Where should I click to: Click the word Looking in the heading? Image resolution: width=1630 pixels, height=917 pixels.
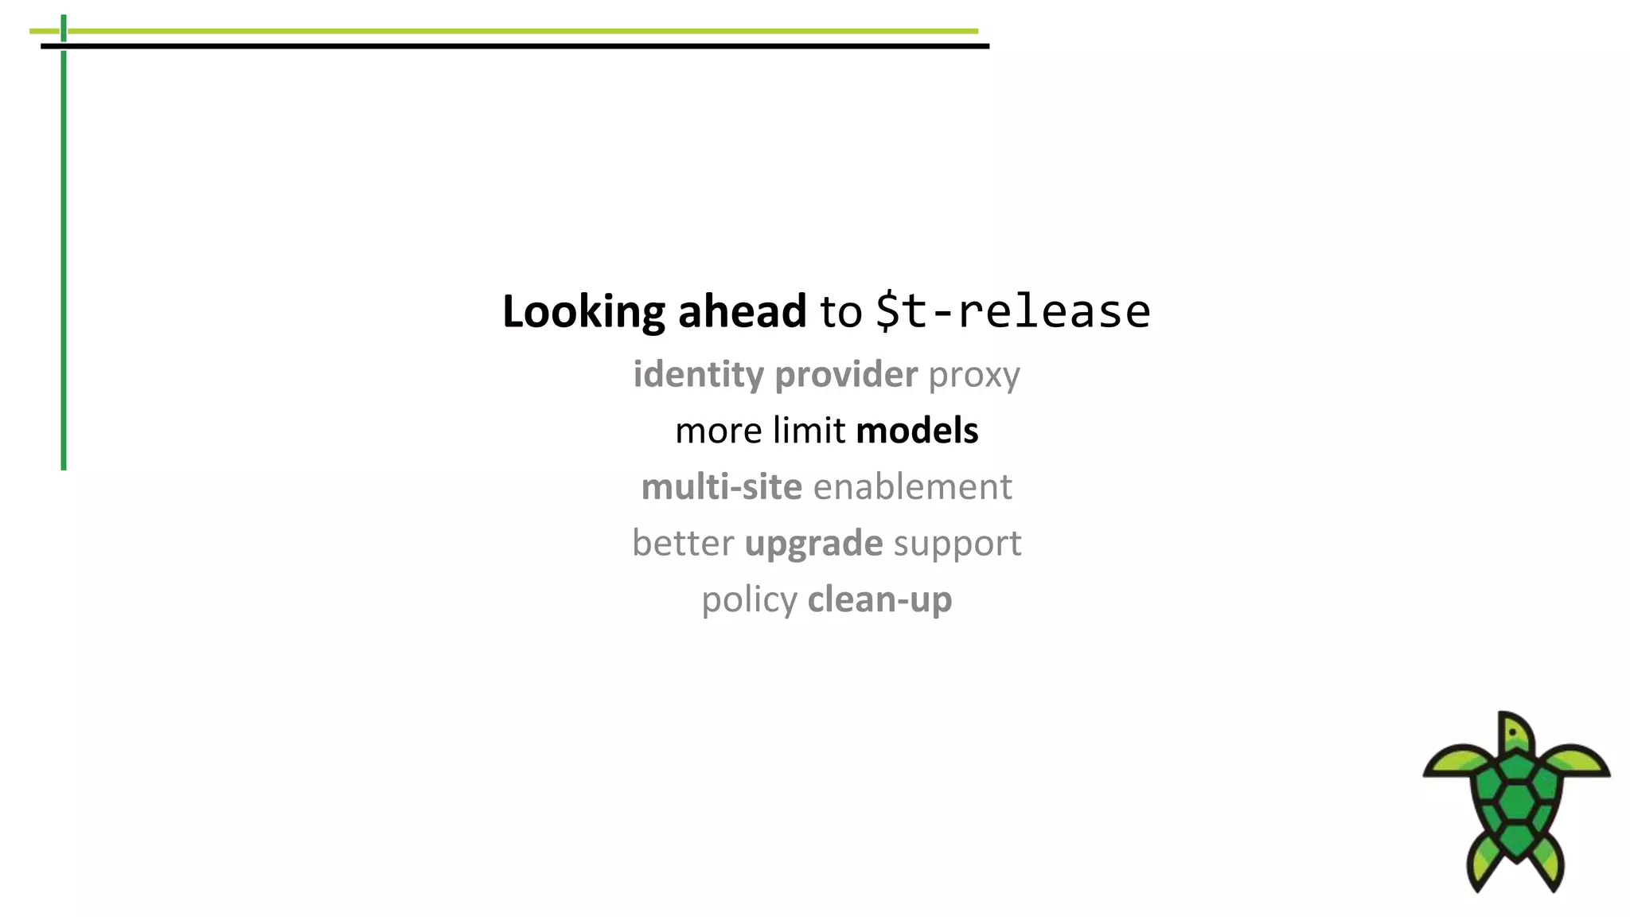pos(583,311)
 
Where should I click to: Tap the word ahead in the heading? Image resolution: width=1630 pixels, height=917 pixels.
pos(741,311)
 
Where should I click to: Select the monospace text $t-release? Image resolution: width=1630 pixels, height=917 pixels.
pos(1012,311)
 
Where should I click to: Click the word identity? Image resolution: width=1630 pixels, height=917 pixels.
pos(698,374)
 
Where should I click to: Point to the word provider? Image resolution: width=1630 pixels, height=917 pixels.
pos(846,374)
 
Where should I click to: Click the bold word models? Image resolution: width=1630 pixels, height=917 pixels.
pos(917,431)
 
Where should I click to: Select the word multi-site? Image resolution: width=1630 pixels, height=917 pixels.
pos(721,486)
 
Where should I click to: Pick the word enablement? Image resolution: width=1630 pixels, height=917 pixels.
pos(912,486)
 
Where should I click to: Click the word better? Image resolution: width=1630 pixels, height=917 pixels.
pos(683,543)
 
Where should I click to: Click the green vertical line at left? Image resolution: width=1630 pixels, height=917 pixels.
pos(64,263)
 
